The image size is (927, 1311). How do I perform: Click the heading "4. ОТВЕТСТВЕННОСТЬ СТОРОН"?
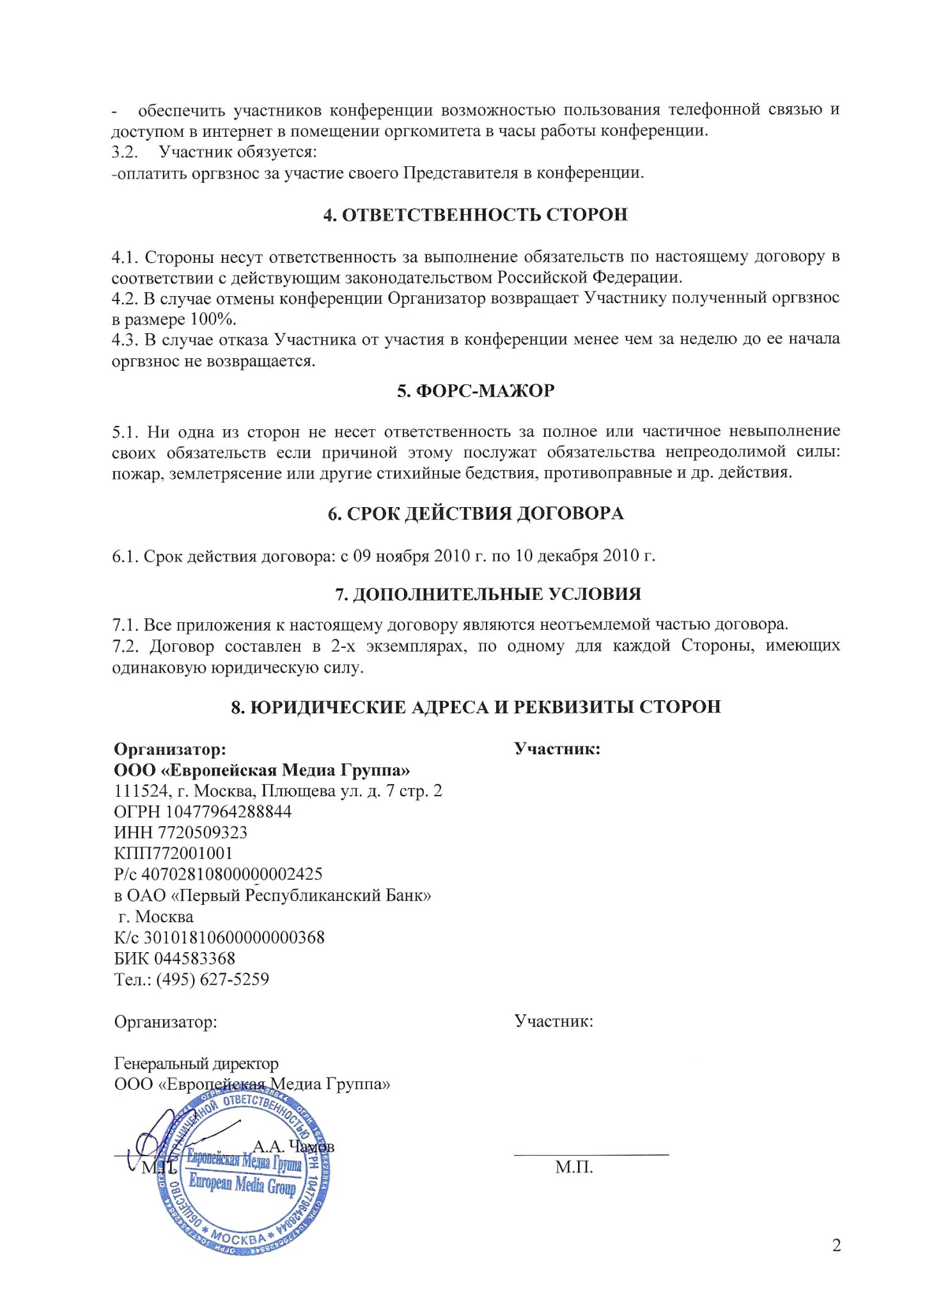click(476, 215)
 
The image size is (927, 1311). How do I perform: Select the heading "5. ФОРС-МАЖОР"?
click(476, 391)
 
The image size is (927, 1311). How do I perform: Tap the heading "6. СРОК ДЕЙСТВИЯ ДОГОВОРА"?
click(476, 514)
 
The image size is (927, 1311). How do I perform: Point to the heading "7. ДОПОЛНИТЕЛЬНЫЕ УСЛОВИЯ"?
click(488, 594)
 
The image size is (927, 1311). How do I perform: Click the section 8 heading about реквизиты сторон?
click(476, 707)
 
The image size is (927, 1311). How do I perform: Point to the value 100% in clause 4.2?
click(213, 318)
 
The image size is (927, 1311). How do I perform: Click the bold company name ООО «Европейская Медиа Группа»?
click(262, 769)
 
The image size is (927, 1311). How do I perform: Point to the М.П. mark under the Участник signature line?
click(574, 1168)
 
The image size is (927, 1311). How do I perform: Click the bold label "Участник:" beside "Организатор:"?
click(557, 748)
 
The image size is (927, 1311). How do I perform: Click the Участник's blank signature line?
click(591, 1154)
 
